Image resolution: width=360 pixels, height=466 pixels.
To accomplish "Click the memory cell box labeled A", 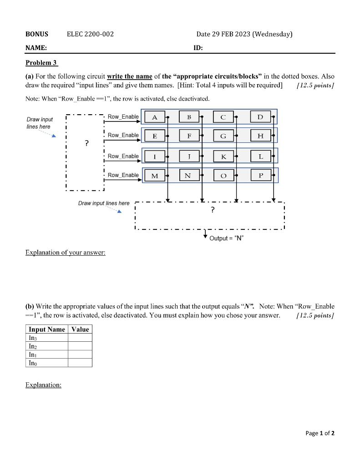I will coord(155,117).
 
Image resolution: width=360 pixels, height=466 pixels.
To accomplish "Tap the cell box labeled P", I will coord(260,175).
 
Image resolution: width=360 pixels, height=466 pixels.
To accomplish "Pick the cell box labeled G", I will coord(223,136).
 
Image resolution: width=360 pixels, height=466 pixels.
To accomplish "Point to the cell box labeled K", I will coord(223,156).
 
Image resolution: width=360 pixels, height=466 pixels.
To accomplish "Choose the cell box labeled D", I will coord(260,117).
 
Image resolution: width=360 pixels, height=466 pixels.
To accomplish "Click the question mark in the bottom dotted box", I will coord(212,210).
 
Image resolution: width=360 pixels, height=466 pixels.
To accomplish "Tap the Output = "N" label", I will coord(227,238).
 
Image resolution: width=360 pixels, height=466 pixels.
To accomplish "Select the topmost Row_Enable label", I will coord(123,117).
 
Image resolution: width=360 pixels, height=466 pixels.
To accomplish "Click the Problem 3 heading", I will coord(41,63).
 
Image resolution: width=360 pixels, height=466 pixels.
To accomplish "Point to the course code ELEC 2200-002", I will coord(90,34).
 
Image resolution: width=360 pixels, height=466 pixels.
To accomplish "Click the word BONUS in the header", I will coord(37,34).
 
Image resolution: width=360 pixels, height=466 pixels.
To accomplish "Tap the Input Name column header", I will coord(47,329).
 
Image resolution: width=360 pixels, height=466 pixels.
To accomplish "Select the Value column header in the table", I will coord(80,329).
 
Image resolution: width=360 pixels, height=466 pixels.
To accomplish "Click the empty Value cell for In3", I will coord(80,338).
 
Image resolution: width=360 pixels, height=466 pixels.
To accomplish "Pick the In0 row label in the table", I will coord(33,363).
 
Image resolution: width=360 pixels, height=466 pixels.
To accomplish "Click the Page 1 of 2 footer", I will coord(320,433).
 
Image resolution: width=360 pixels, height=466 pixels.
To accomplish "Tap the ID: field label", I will coord(198,48).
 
